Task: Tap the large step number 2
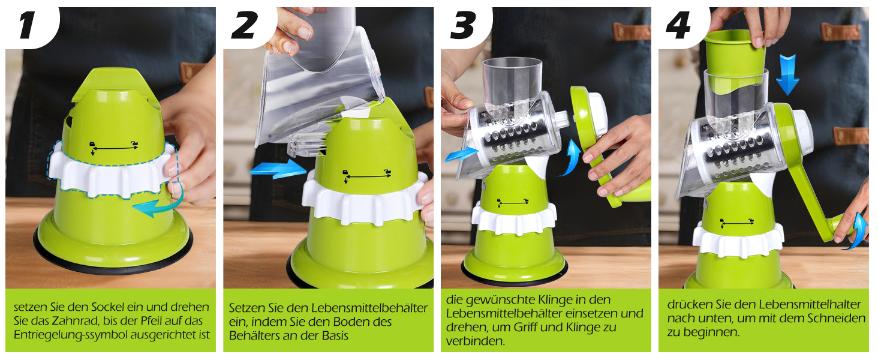[245, 25]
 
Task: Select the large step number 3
[464, 25]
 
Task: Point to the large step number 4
[678, 25]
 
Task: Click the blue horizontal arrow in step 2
[278, 169]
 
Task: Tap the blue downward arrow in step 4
[787, 74]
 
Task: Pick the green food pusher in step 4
[735, 53]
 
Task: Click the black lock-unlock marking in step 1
[114, 148]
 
